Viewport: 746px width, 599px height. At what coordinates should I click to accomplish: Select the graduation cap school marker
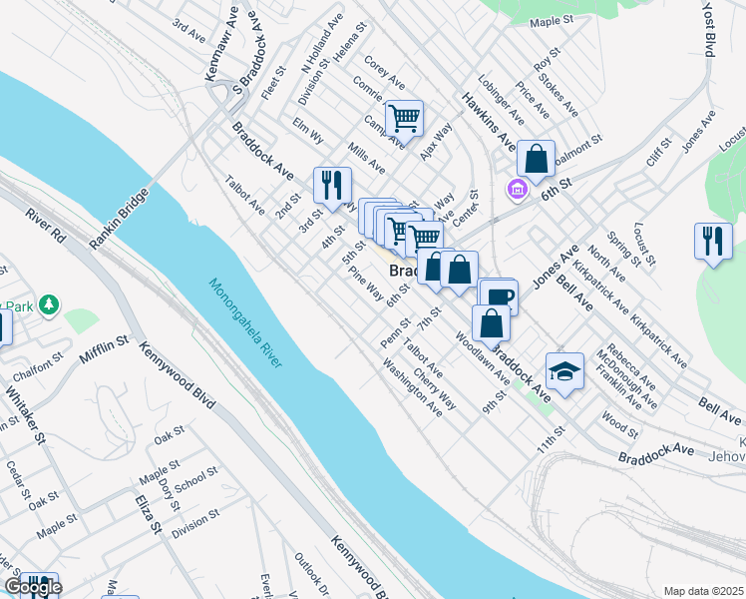tap(565, 372)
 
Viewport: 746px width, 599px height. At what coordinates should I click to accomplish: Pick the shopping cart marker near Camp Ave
tap(405, 118)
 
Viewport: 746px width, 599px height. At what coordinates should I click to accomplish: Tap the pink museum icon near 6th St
tap(517, 188)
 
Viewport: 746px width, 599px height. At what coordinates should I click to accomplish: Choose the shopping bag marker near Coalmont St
tap(536, 158)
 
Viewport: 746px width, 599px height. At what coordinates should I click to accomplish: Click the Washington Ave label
tap(412, 389)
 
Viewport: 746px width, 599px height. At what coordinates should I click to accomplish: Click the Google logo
tap(33, 587)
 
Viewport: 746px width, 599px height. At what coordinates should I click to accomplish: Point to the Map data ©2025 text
tap(702, 590)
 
